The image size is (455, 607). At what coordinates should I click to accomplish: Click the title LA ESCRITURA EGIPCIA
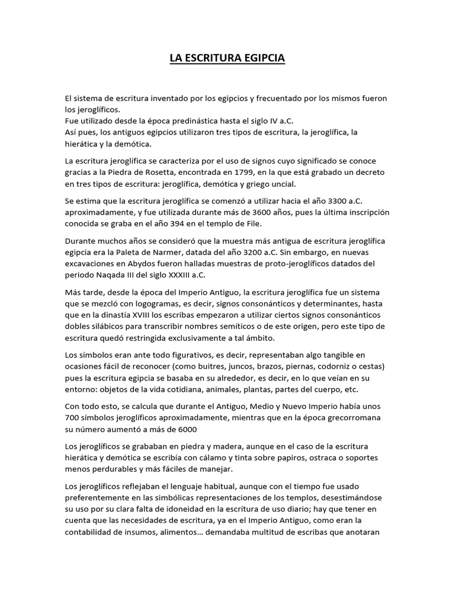coord(227,59)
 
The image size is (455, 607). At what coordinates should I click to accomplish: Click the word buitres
coord(224,366)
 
